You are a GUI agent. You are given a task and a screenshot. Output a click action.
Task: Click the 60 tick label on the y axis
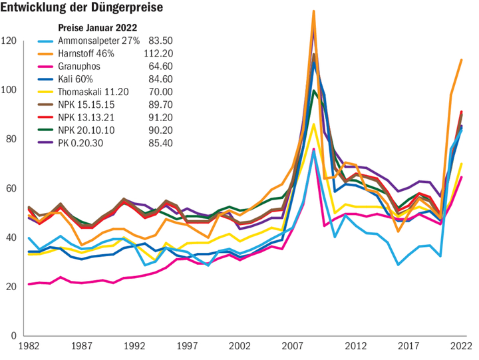coord(11,189)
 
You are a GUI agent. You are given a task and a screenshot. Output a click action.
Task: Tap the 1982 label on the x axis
coord(28,347)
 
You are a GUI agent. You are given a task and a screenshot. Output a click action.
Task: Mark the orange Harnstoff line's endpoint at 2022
coord(461,61)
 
